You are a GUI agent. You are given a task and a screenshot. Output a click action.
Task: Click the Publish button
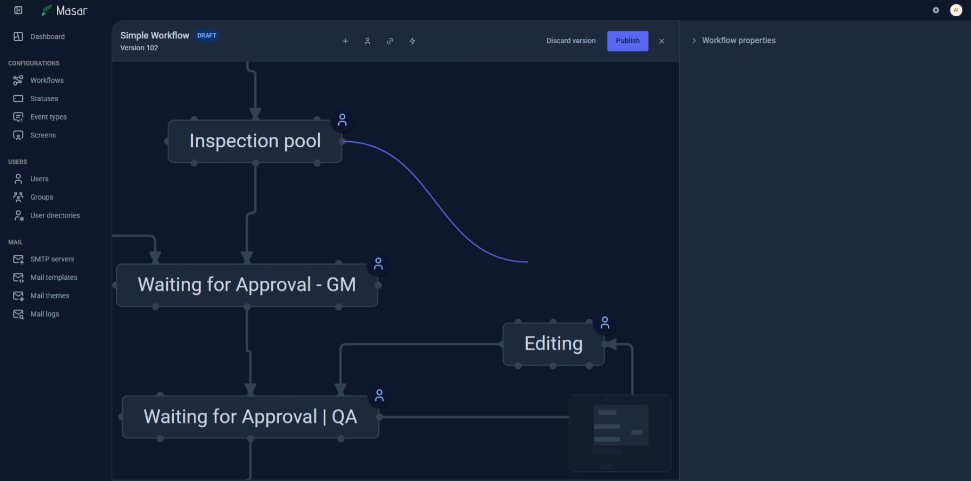click(x=627, y=41)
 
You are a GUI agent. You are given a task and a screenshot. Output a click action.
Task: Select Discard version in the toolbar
click(x=570, y=41)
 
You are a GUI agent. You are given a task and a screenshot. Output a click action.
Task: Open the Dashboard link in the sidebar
click(x=47, y=37)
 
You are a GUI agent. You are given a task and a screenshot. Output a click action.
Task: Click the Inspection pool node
click(x=255, y=141)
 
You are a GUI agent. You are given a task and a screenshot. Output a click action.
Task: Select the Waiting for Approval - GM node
click(x=247, y=285)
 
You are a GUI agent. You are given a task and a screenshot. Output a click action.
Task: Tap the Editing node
click(x=553, y=344)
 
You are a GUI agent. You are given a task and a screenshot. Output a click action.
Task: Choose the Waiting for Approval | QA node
click(x=250, y=417)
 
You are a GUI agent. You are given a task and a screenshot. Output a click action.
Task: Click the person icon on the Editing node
click(x=605, y=323)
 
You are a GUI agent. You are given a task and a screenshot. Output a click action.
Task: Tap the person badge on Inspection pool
click(x=342, y=120)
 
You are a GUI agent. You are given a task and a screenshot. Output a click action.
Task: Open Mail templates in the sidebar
click(x=54, y=278)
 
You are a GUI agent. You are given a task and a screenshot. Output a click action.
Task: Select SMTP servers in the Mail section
click(x=52, y=259)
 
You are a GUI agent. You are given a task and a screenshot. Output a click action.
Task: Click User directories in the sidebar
click(x=55, y=215)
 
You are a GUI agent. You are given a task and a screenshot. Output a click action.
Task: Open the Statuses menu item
click(x=44, y=98)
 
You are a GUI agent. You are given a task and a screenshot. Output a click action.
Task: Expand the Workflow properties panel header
click(x=738, y=41)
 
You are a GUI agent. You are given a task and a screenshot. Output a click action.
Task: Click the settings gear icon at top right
click(x=936, y=10)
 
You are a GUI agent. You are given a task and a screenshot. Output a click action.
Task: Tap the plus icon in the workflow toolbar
click(x=345, y=41)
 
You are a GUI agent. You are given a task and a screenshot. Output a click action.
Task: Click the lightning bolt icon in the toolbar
click(x=412, y=41)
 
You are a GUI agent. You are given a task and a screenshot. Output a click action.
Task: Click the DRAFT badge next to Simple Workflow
click(x=207, y=36)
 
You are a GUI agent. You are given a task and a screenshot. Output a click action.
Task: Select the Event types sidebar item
click(x=48, y=117)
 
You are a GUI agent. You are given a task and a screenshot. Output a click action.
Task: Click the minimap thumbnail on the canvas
click(x=620, y=433)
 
